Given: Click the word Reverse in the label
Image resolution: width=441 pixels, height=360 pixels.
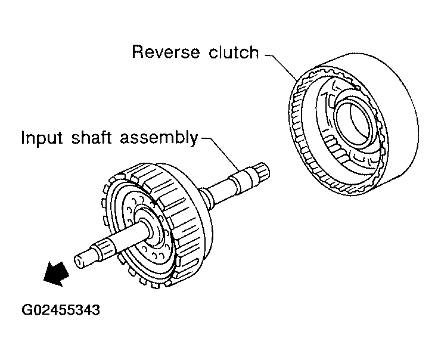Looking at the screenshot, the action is (166, 52).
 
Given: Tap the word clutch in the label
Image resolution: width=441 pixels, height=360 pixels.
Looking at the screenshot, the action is (234, 52).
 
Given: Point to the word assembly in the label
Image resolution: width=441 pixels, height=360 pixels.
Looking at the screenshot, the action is (159, 139).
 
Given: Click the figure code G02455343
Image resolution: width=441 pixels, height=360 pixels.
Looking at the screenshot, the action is (61, 310).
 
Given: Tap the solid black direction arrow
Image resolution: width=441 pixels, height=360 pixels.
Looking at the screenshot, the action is (56, 274).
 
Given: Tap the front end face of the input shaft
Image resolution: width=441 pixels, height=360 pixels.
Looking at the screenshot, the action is (80, 260).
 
